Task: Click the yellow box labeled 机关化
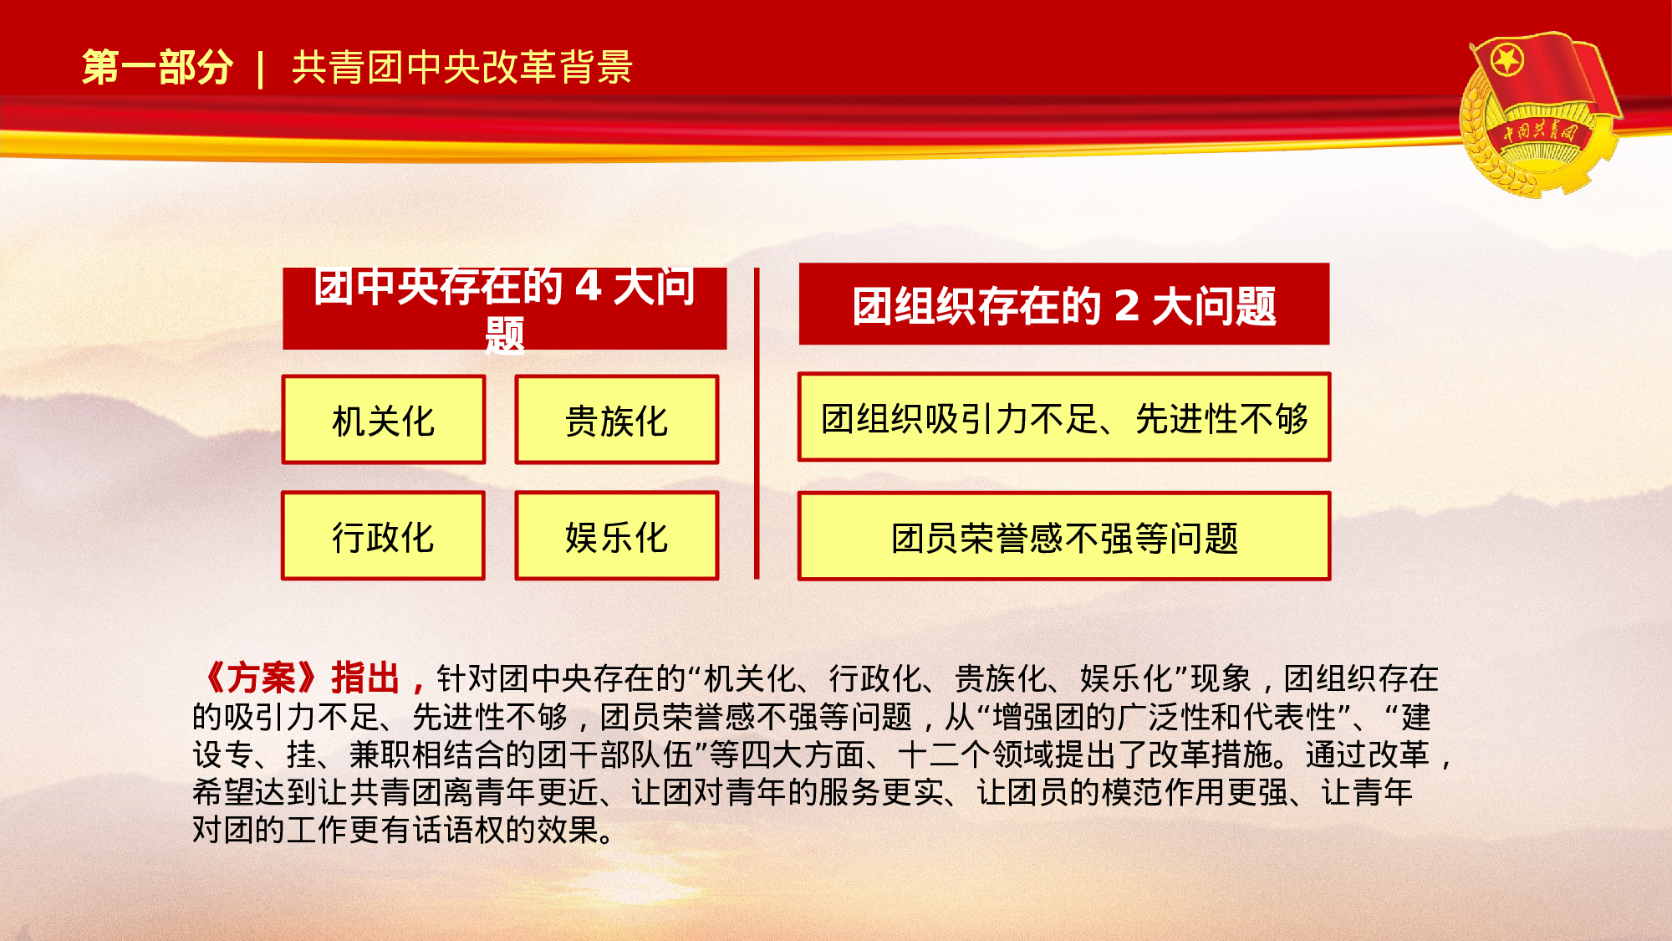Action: pyautogui.click(x=384, y=420)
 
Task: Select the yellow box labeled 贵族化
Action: pyautogui.click(x=617, y=420)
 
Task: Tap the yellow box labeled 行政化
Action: pyautogui.click(x=384, y=536)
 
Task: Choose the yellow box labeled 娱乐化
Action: pyautogui.click(x=617, y=536)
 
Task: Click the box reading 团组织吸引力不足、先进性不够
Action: pyautogui.click(x=1064, y=417)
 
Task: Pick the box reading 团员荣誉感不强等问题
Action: pyautogui.click(x=1064, y=537)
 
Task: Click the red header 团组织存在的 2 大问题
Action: pyautogui.click(x=1064, y=304)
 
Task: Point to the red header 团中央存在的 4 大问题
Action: pyautogui.click(x=504, y=308)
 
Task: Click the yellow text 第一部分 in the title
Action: pyautogui.click(x=157, y=67)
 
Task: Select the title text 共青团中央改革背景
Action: pyautogui.click(x=462, y=67)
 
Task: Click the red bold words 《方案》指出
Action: pyautogui.click(x=301, y=678)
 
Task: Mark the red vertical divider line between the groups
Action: pyautogui.click(x=757, y=423)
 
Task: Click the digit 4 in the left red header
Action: pyautogui.click(x=588, y=287)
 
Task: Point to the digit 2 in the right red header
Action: pyautogui.click(x=1127, y=305)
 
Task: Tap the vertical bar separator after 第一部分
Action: pyautogui.click(x=262, y=69)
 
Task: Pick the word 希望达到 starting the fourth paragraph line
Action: pyautogui.click(x=255, y=792)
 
